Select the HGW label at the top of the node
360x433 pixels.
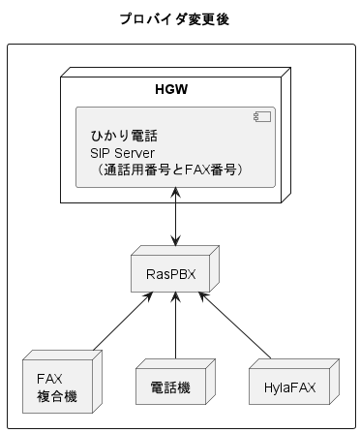click(171, 91)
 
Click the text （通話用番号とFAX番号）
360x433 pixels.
click(169, 170)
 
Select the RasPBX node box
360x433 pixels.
click(174, 275)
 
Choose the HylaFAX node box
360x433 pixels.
click(290, 386)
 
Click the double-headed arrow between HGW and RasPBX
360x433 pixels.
click(174, 218)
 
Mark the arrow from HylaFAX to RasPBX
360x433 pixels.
click(232, 325)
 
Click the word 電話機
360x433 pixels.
click(171, 388)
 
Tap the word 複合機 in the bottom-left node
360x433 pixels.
click(57, 397)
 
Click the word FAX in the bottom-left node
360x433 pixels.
click(49, 379)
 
